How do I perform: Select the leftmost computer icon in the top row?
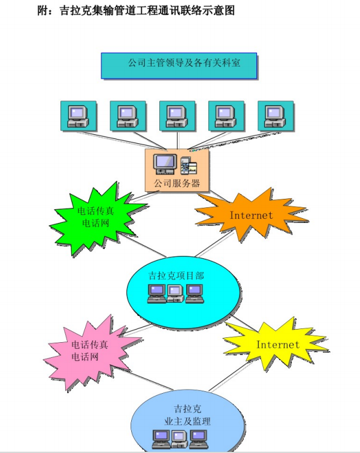(78, 116)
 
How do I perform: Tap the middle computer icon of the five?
(177, 116)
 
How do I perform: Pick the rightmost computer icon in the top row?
(276, 116)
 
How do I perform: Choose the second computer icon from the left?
(128, 116)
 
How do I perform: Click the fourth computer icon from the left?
(226, 116)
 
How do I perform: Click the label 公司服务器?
(177, 183)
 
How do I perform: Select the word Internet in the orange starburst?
(251, 215)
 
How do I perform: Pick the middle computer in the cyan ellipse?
(175, 292)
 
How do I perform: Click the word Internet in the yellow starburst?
(277, 345)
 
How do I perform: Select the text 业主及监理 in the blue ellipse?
(187, 422)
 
